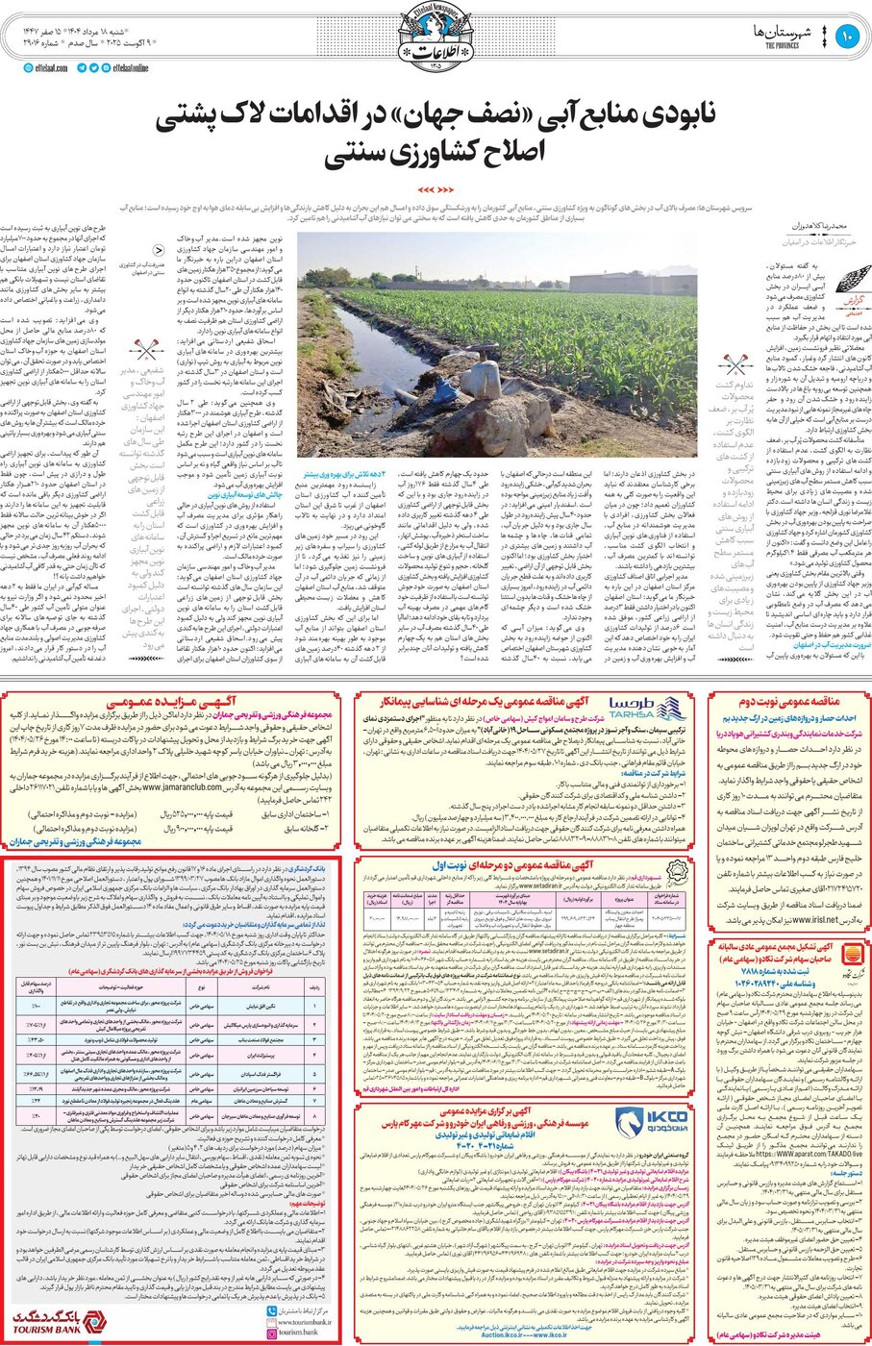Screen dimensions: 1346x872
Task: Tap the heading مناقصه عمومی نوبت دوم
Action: coord(785,701)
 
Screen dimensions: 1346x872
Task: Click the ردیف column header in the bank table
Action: coord(314,986)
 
